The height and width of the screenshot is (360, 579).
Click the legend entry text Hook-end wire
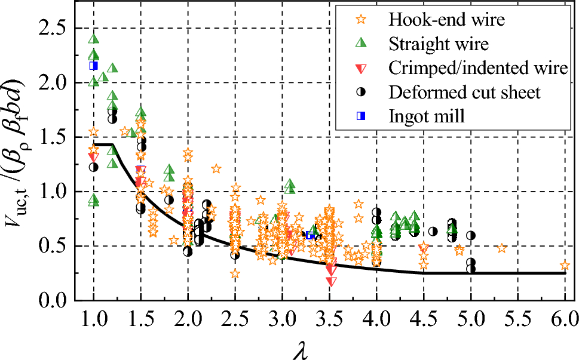click(x=446, y=20)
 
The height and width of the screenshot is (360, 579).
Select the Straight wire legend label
click(x=439, y=44)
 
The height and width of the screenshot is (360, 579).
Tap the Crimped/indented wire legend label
click(x=478, y=68)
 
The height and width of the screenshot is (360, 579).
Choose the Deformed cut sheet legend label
click(x=464, y=92)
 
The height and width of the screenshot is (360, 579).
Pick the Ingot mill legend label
click(x=426, y=116)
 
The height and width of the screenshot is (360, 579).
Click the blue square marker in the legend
click(x=361, y=116)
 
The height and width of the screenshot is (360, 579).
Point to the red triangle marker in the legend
click(x=361, y=69)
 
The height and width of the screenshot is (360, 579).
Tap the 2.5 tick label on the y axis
click(x=53, y=29)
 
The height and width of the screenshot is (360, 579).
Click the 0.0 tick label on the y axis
click(x=53, y=300)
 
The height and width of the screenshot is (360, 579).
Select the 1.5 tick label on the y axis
click(x=53, y=137)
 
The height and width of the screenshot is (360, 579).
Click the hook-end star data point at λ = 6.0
click(x=565, y=266)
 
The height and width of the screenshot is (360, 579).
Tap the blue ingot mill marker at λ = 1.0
click(x=93, y=66)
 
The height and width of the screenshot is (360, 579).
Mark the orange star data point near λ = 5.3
click(x=502, y=248)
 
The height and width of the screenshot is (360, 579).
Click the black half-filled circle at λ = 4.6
click(x=433, y=231)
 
